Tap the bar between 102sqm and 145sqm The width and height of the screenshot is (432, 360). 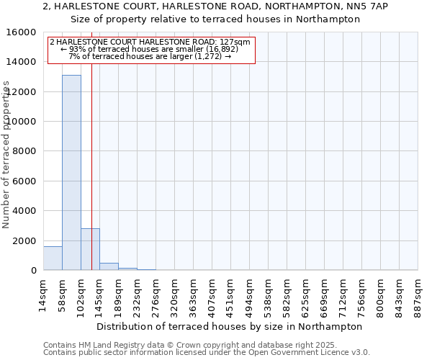(x=90, y=249)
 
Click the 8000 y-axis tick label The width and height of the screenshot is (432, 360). (x=25, y=151)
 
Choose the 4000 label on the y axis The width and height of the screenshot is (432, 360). (x=25, y=211)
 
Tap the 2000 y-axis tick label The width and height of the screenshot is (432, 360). (x=25, y=240)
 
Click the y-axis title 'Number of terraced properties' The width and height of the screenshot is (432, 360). (x=6, y=154)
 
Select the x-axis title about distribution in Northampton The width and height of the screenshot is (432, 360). (x=229, y=326)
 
